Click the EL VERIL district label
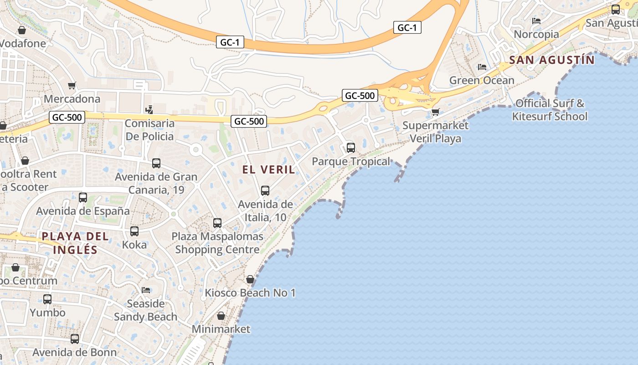coord(268,170)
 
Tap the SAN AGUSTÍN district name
coord(552,60)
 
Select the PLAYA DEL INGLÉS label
coord(75,243)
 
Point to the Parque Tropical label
coord(351,162)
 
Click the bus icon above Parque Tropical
coord(351,147)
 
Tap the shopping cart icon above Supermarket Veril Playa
coord(436,111)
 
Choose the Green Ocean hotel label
coord(482,80)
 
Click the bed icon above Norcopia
coord(536,21)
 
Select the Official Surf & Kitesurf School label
coord(550,109)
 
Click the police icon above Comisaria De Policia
coord(149,109)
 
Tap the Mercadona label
coord(72,99)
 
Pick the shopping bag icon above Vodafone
coord(21,30)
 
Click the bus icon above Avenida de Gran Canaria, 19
coord(156,163)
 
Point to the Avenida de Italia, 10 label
coord(265,210)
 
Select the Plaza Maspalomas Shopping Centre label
coord(217,243)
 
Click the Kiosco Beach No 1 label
coord(250,292)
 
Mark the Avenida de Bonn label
coord(75,352)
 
